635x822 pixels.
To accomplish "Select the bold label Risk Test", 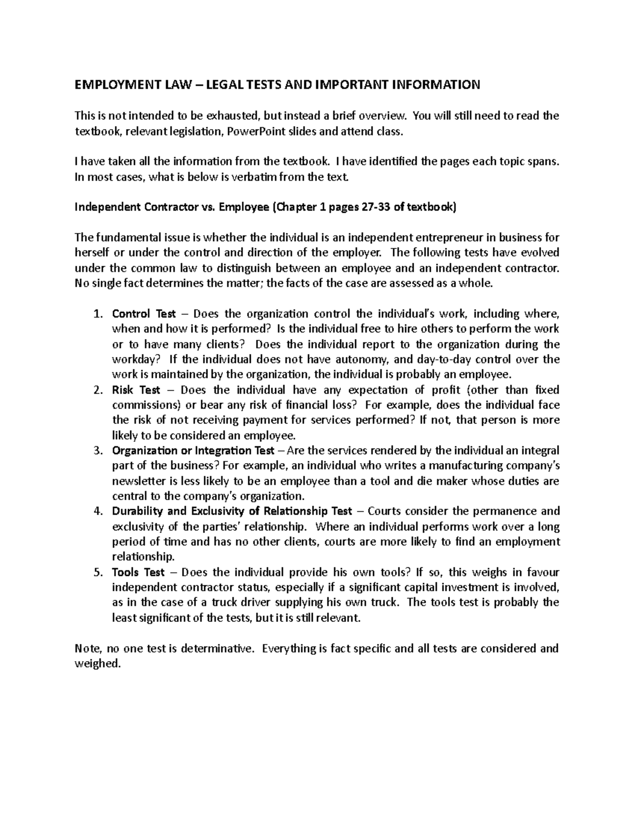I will [136, 390].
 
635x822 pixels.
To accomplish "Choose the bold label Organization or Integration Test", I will [193, 451].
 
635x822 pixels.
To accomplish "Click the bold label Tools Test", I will [138, 572].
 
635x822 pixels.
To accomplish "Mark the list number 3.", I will [97, 451].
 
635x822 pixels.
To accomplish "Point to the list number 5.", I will [97, 572].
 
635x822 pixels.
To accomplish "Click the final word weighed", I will [97, 664].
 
